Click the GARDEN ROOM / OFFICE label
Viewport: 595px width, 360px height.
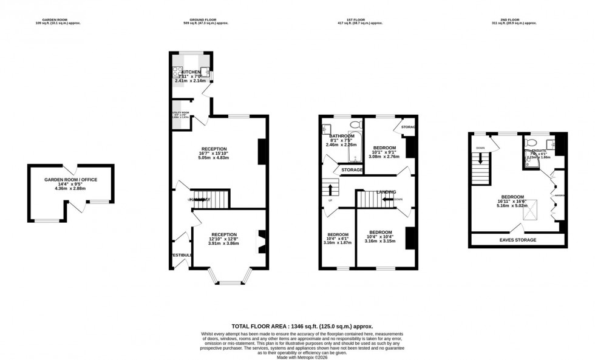[70, 180]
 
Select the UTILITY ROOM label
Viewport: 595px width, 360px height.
[180, 114]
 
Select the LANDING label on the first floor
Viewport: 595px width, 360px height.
[386, 192]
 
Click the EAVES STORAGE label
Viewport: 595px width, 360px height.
[518, 240]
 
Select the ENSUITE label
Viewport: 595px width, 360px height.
[539, 149]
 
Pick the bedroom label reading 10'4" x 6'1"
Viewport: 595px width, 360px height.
[338, 238]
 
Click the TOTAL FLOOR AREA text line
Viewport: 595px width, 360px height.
[302, 326]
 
